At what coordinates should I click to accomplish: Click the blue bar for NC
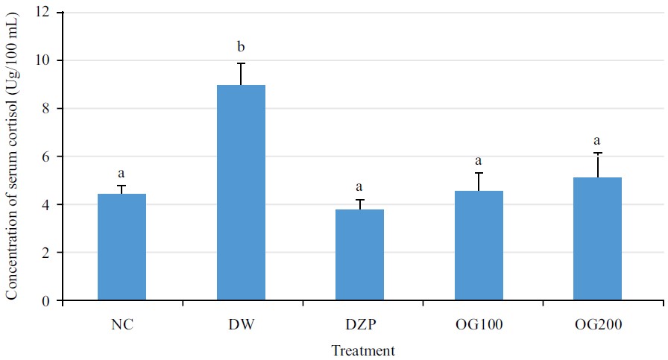click(x=122, y=247)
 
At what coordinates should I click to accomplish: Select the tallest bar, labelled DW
click(x=241, y=193)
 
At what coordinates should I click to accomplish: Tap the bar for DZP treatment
click(x=360, y=255)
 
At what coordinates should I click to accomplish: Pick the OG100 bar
click(x=479, y=246)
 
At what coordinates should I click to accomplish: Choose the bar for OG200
click(x=597, y=239)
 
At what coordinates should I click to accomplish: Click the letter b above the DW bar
click(x=241, y=50)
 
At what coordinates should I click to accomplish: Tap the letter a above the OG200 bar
click(x=597, y=140)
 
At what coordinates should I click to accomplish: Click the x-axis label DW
click(x=241, y=325)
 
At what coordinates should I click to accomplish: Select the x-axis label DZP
click(x=360, y=325)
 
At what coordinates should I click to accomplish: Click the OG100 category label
click(x=479, y=325)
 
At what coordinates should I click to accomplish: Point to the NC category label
click(x=122, y=325)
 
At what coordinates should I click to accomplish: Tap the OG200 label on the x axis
click(x=597, y=325)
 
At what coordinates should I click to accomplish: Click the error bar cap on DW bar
click(x=241, y=63)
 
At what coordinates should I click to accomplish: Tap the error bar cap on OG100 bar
click(x=479, y=173)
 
